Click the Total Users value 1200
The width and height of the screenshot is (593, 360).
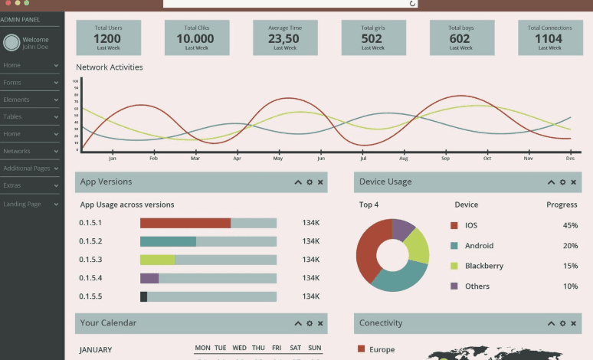click(x=107, y=38)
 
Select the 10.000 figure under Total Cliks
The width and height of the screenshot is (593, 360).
click(x=195, y=38)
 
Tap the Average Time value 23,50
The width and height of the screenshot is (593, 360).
click(x=283, y=38)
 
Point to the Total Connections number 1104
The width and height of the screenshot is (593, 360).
click(x=549, y=38)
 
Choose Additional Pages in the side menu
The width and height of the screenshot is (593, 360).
click(x=27, y=169)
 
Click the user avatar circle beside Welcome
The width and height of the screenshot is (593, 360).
click(x=11, y=43)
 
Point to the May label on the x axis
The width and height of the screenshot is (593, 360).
click(x=278, y=159)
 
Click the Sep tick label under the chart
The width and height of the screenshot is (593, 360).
click(x=445, y=159)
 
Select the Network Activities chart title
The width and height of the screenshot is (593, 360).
click(x=109, y=67)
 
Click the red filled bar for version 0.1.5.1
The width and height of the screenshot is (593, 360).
click(x=185, y=223)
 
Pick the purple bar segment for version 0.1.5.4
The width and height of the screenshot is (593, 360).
click(x=149, y=278)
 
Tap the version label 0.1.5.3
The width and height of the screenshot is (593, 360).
click(x=90, y=260)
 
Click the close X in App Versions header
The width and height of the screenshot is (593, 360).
click(x=320, y=182)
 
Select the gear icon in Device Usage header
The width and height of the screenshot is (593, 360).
click(x=562, y=182)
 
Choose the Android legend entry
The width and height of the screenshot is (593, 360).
click(x=479, y=246)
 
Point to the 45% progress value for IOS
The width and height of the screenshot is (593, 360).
click(x=570, y=225)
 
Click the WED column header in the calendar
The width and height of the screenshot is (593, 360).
click(x=239, y=348)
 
